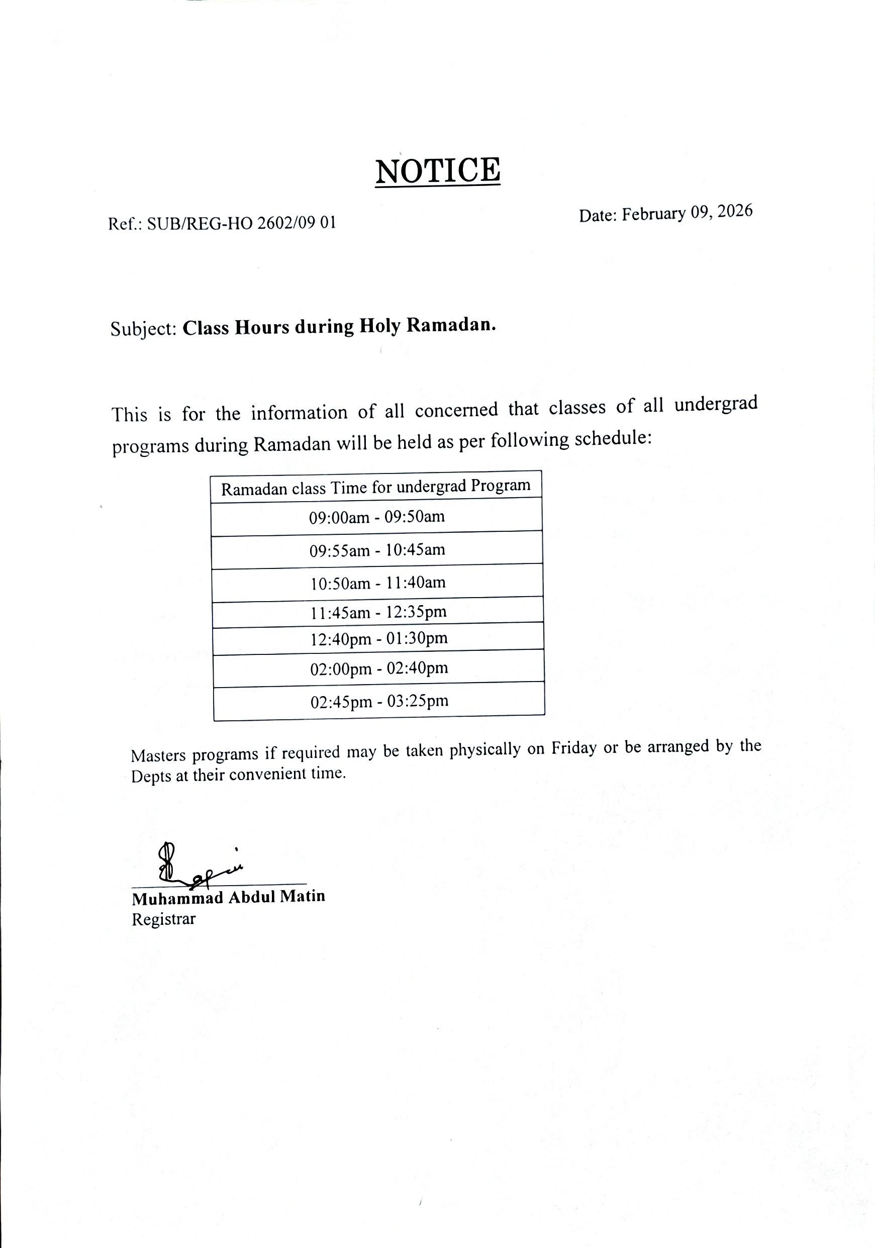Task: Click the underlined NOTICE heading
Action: pos(437,171)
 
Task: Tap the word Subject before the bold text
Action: pos(143,329)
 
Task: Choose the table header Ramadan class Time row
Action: pos(375,487)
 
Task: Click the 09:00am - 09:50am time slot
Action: pos(376,516)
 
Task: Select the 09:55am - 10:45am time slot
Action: pos(377,550)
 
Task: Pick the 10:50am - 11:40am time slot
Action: pos(378,583)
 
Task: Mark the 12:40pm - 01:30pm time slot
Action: pos(379,639)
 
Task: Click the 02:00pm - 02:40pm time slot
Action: pos(379,668)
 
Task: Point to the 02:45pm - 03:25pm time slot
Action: pos(379,701)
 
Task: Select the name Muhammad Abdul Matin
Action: pos(228,897)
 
